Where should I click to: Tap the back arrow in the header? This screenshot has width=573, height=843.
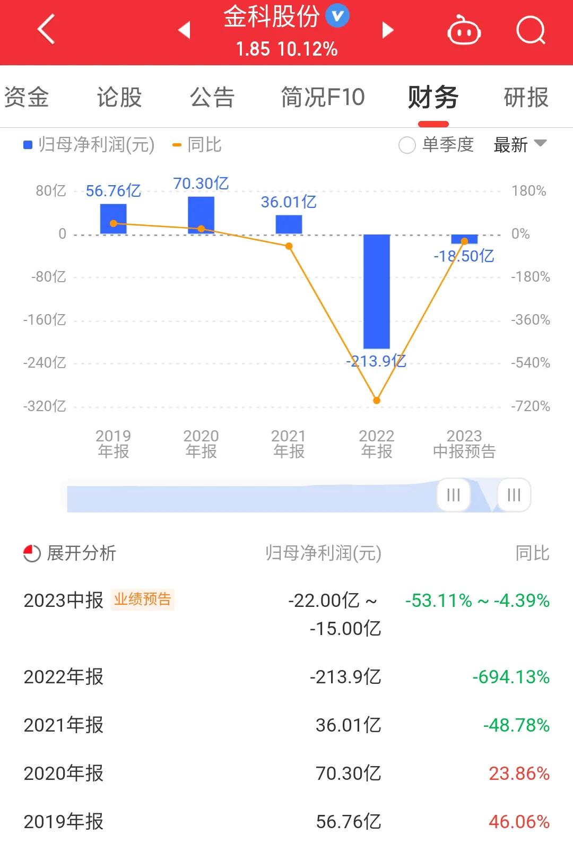click(x=47, y=30)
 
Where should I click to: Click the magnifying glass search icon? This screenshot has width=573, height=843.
click(x=530, y=30)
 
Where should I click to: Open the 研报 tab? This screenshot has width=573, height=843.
click(x=525, y=98)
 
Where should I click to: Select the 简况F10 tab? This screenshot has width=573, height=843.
click(x=323, y=98)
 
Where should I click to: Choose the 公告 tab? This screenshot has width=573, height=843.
click(x=212, y=98)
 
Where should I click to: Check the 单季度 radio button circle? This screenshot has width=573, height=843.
click(x=407, y=145)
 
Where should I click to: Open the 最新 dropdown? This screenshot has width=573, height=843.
click(x=519, y=144)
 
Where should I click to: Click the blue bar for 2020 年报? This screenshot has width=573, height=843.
click(x=201, y=215)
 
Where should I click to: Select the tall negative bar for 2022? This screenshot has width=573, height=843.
click(x=376, y=291)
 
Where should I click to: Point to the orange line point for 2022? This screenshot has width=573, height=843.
click(x=377, y=401)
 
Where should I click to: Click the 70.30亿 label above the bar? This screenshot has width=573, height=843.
click(x=201, y=184)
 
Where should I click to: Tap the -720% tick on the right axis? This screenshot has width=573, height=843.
click(x=530, y=406)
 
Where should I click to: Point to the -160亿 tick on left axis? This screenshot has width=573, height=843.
click(x=45, y=320)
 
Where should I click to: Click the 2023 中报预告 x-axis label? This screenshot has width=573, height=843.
click(x=464, y=444)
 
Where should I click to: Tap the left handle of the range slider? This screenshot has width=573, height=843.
click(x=453, y=495)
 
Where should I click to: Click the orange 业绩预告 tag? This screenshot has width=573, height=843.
click(x=143, y=599)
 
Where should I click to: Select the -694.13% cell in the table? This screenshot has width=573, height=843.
click(x=510, y=677)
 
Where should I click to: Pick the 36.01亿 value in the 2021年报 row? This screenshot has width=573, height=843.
click(x=348, y=725)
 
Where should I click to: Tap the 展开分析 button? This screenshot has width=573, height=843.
click(x=70, y=553)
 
